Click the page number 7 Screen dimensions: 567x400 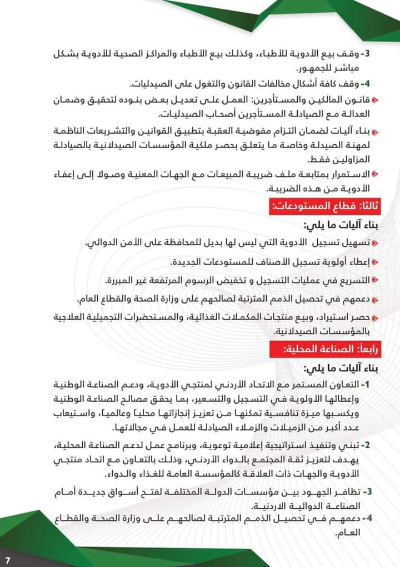pyautogui.click(x=8, y=557)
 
